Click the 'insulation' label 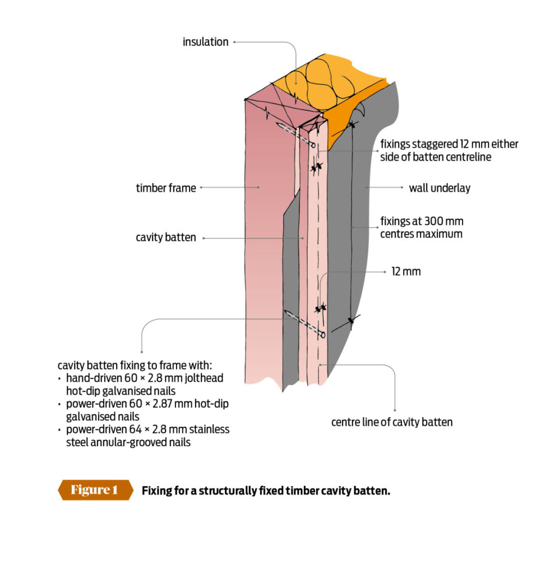tap(205, 42)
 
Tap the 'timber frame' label tap(166, 188)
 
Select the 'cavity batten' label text tap(166, 238)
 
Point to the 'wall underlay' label tap(439, 188)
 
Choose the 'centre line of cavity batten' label tap(391, 422)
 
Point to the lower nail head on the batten tap(322, 335)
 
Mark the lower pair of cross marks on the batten tap(321, 308)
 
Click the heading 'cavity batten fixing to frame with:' tap(131, 364)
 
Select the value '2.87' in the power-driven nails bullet tap(156, 404)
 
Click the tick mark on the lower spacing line tap(351, 321)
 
